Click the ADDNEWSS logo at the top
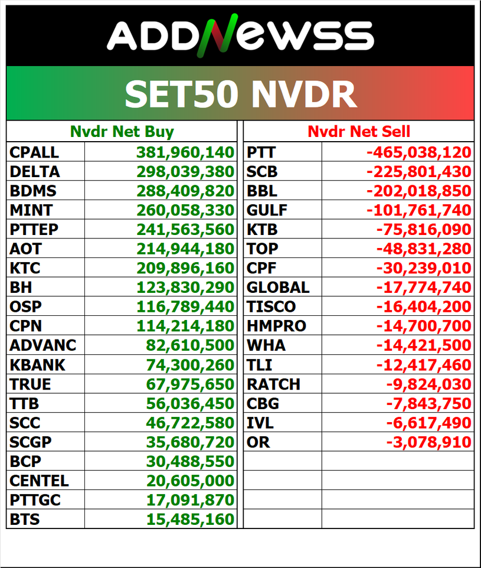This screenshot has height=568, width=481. tap(240, 35)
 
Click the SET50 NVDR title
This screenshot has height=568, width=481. tap(240, 93)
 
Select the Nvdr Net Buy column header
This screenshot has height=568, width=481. tap(122, 131)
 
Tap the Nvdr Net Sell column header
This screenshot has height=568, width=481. tap(359, 131)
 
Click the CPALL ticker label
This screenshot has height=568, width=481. tap(34, 152)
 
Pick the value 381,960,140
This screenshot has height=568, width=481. tap(185, 152)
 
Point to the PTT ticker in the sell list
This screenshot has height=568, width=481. tap(261, 152)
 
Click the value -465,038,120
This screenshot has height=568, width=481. tap(419, 152)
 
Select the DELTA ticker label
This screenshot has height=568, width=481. tap(35, 172)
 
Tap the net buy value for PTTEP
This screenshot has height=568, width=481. tap(185, 230)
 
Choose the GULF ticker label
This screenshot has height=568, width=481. tap(267, 210)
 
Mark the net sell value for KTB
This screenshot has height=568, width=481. tap(424, 230)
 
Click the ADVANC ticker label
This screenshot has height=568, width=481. tap(43, 345)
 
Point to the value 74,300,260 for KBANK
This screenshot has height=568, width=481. tap(190, 365)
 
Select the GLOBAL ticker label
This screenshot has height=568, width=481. tap(278, 288)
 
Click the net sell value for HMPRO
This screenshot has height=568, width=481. tap(424, 326)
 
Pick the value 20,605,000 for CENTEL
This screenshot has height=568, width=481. tap(190, 481)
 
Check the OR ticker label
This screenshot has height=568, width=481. tap(258, 442)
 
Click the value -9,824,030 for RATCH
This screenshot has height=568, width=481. tap(429, 384)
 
